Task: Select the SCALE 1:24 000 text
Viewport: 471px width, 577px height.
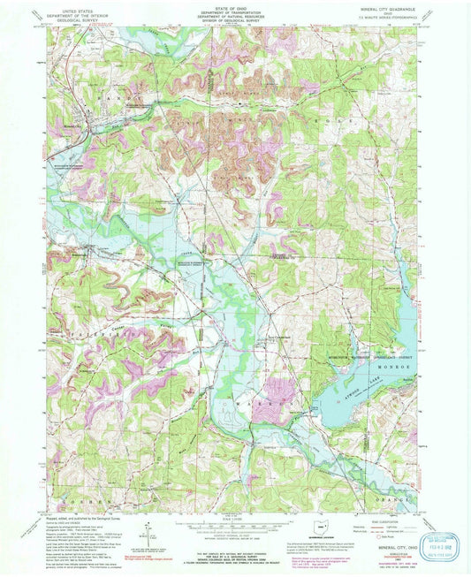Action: (x=234, y=520)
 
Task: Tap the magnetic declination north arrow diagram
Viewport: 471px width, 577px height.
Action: (x=148, y=536)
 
